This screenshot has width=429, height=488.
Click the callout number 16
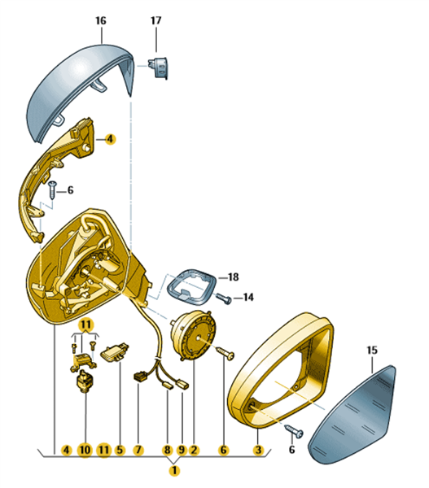[101, 21]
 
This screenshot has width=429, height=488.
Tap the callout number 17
[156, 20]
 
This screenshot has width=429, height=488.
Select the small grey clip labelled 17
[158, 67]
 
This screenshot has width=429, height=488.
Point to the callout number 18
[234, 277]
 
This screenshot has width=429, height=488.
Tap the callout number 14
[248, 298]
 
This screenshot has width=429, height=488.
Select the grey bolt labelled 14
[225, 298]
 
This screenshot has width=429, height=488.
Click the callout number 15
[372, 350]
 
